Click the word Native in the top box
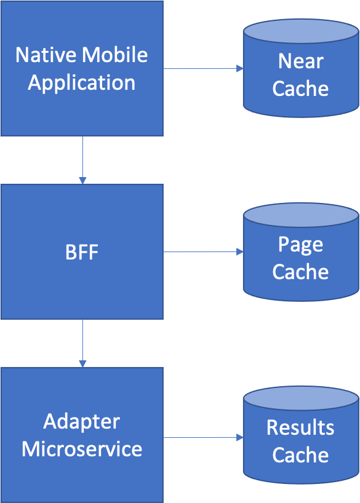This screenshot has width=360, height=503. [x=46, y=55]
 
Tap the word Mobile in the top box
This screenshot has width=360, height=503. [x=114, y=55]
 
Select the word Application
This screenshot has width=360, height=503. [x=82, y=84]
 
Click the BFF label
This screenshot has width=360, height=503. [x=82, y=252]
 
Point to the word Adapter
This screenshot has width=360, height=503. [x=82, y=422]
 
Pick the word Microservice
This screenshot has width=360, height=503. [x=82, y=449]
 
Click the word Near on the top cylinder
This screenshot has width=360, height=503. [x=301, y=61]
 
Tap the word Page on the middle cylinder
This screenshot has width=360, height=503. [x=300, y=245]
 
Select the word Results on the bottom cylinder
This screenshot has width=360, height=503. [x=300, y=427]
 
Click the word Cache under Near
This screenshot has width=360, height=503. [x=300, y=89]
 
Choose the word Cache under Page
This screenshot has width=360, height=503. [x=300, y=272]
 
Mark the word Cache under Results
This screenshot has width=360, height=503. [x=300, y=455]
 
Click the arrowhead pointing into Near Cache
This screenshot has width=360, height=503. [x=240, y=68]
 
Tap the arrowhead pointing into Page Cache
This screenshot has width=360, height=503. [x=240, y=252]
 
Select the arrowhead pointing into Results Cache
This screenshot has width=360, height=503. [x=240, y=437]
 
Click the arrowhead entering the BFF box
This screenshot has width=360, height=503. [x=82, y=181]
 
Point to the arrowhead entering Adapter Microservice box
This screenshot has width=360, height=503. [x=82, y=364]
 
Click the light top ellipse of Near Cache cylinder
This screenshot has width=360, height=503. [x=301, y=31]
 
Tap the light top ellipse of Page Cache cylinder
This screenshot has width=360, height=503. [x=301, y=215]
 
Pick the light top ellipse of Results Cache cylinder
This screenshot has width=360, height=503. [x=301, y=398]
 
